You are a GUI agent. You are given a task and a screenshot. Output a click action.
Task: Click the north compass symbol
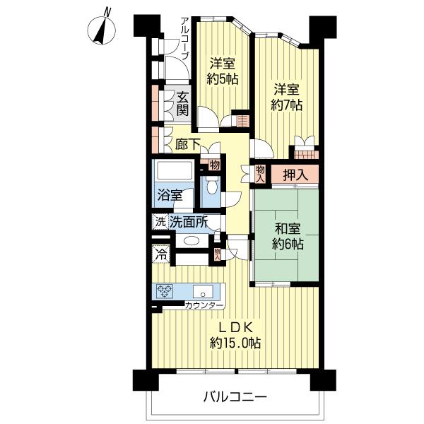(x=102, y=28)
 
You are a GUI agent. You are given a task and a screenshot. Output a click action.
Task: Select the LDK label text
(x=235, y=327)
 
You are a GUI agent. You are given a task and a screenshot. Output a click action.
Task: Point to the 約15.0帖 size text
(x=235, y=343)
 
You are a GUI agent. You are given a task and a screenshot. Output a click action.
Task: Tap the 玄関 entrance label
(x=182, y=104)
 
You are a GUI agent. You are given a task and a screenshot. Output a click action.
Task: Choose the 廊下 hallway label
(x=187, y=144)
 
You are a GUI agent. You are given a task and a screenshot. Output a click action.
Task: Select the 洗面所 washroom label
(x=188, y=222)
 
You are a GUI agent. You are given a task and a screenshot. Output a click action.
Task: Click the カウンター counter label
(x=204, y=305)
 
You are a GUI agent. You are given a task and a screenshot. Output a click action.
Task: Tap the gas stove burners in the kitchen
(x=165, y=290)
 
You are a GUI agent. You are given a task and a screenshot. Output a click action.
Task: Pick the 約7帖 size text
(x=288, y=105)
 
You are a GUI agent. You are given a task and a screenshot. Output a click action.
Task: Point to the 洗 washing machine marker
(x=160, y=222)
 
